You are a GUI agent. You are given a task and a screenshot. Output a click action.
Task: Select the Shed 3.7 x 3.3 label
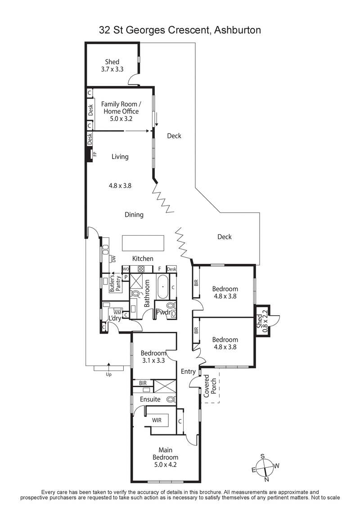click(112, 66)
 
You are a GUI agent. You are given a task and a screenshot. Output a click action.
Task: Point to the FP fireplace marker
click(95, 154)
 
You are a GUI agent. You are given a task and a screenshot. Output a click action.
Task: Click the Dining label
click(134, 214)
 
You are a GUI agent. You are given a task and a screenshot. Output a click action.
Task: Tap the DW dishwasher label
click(114, 259)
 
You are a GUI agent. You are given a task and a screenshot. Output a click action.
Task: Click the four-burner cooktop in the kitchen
click(140, 269)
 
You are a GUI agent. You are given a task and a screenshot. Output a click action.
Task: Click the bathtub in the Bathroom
click(162, 286)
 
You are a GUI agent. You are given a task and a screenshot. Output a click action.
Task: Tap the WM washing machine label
click(117, 312)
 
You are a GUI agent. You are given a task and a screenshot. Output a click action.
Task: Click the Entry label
click(188, 371)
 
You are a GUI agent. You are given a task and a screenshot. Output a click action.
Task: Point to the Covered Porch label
click(210, 385)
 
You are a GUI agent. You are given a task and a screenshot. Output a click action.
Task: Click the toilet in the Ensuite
click(170, 399)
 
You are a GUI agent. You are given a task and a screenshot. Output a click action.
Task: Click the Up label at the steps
click(108, 374)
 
